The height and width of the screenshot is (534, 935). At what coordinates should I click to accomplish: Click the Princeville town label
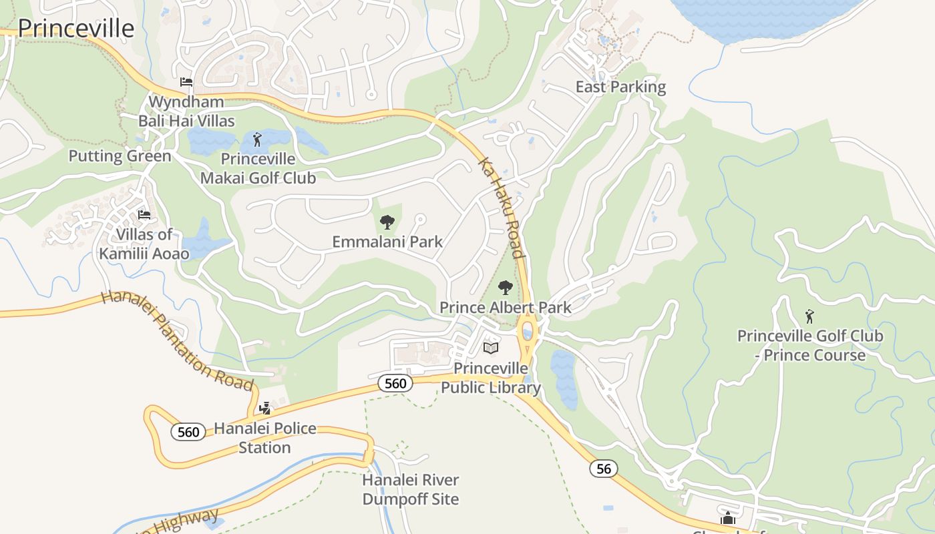point(75,29)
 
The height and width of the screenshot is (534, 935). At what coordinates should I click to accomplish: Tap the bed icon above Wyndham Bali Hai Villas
point(186,82)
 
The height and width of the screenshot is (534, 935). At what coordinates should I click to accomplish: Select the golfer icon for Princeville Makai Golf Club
point(258,140)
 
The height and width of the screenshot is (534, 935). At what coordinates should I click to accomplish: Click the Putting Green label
point(120,156)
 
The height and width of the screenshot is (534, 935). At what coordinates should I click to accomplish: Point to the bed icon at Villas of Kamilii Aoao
point(144,215)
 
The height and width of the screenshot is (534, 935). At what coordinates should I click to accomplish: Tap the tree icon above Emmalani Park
point(387,222)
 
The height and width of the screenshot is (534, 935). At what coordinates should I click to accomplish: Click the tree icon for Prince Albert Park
point(506,288)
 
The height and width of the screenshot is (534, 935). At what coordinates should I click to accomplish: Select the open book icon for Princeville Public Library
point(491,348)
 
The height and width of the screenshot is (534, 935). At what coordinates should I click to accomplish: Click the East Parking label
point(620,87)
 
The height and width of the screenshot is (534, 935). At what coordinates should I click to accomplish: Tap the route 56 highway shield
point(603,469)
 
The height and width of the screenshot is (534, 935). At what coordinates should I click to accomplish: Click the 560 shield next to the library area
point(395,383)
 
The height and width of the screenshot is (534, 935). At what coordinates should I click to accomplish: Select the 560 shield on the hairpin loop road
point(188,432)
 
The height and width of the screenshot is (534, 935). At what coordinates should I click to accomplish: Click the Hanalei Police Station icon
point(265,407)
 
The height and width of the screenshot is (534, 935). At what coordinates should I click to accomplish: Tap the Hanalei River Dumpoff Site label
point(410,489)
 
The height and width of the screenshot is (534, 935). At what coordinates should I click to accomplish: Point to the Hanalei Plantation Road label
point(178,340)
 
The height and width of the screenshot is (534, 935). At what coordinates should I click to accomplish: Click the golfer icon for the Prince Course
point(809,316)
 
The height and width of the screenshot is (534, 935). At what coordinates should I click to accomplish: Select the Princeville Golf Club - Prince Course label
point(809,346)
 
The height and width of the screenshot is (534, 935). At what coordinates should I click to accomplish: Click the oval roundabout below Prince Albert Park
point(528,330)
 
